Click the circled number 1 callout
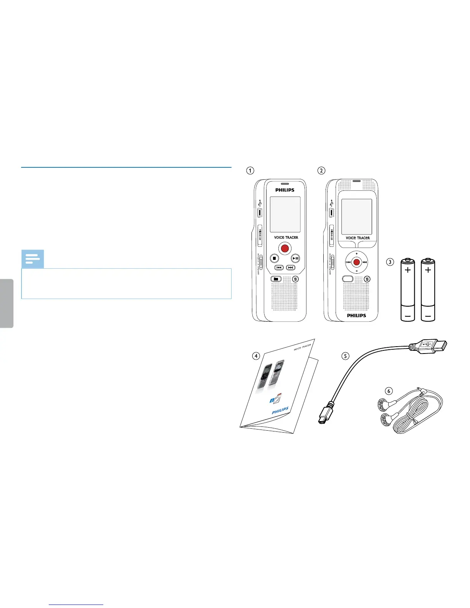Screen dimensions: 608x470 click(x=250, y=170)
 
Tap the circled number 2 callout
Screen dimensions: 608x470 click(x=321, y=170)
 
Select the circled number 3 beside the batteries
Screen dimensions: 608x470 click(x=390, y=262)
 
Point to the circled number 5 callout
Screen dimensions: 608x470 click(x=346, y=356)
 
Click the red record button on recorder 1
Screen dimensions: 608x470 click(x=285, y=248)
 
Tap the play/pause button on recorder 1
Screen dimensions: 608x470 click(x=295, y=258)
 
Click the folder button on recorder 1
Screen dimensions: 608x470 click(x=276, y=279)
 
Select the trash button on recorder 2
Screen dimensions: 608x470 click(x=367, y=279)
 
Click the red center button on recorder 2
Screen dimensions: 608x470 click(x=356, y=262)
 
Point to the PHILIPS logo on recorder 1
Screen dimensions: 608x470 click(x=285, y=190)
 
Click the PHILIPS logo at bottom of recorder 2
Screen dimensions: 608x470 click(x=357, y=315)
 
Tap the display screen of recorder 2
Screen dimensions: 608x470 click(x=357, y=216)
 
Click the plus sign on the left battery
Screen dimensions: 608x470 click(x=407, y=270)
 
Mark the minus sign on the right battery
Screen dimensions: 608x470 click(x=428, y=317)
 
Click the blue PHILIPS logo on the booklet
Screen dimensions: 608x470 click(x=280, y=410)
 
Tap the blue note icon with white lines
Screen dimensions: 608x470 click(x=33, y=259)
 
